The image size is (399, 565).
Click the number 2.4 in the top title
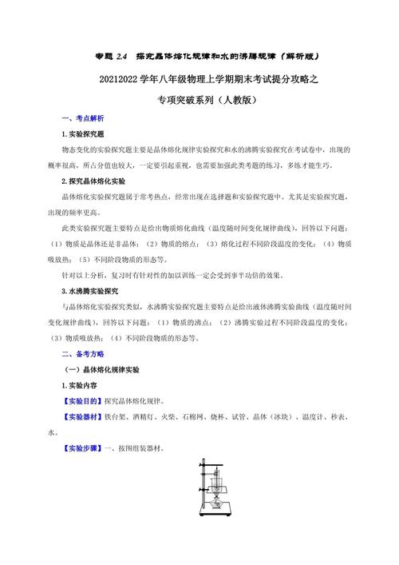pyautogui.click(x=122, y=57)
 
